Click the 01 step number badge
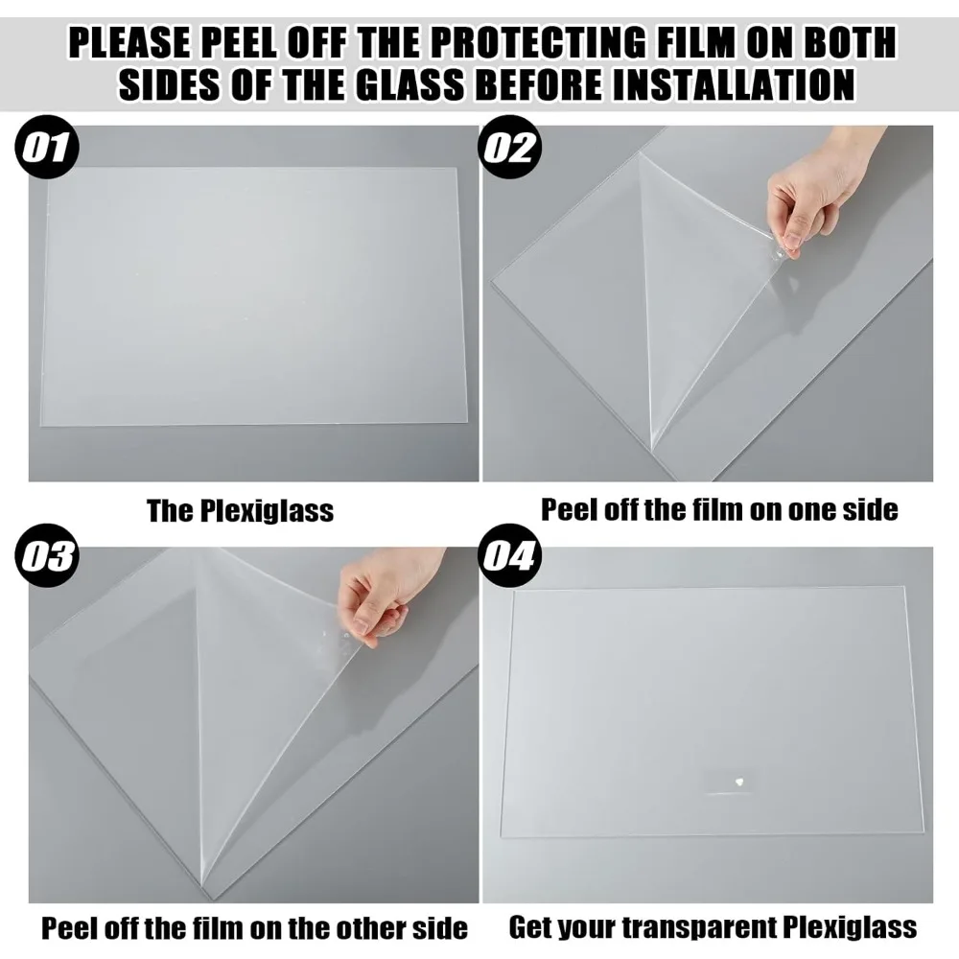click(x=47, y=149)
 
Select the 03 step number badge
click(x=47, y=557)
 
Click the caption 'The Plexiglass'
click(x=240, y=510)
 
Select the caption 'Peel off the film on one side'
click(x=719, y=509)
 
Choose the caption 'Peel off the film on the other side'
click(x=254, y=928)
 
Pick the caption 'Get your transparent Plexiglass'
click(x=713, y=927)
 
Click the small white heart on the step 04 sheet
click(x=739, y=782)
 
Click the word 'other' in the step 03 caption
click(x=340, y=928)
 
